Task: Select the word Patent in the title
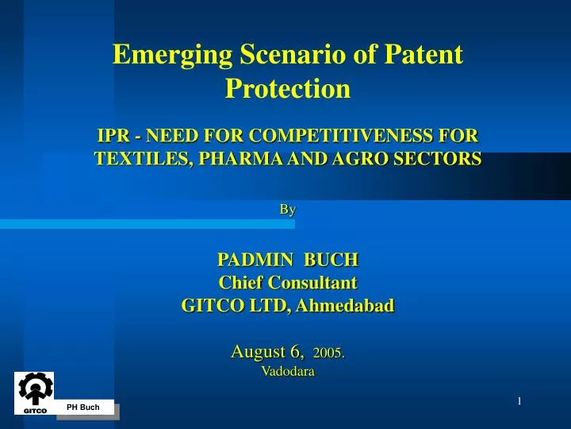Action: click(x=422, y=54)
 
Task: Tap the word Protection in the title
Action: click(x=287, y=88)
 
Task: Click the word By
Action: click(x=287, y=210)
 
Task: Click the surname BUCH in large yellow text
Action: click(x=331, y=259)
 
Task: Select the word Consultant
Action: click(x=312, y=282)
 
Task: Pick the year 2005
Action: click(x=328, y=352)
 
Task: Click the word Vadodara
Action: click(x=287, y=371)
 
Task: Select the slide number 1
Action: click(x=519, y=401)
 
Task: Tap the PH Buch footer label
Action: click(x=83, y=408)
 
